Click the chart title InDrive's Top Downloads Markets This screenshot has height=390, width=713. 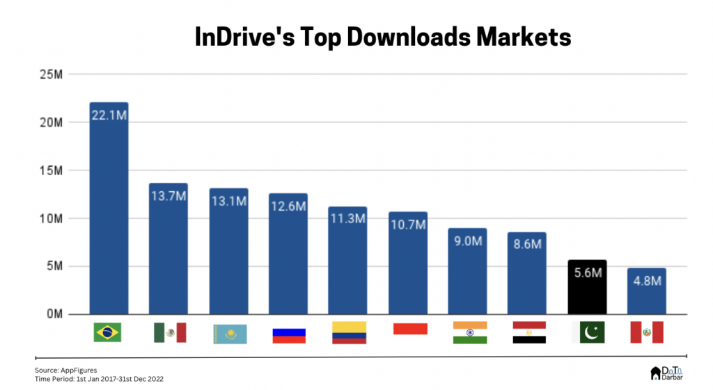click(x=382, y=37)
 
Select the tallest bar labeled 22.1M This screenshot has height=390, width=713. click(x=109, y=209)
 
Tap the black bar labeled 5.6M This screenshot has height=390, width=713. click(x=587, y=286)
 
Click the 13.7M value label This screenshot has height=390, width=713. click(x=168, y=197)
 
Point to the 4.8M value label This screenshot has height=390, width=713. click(x=646, y=282)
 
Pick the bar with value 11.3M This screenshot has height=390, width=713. click(x=347, y=261)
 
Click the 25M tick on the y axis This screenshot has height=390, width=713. click(x=52, y=74)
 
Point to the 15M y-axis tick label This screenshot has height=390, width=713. click(x=52, y=170)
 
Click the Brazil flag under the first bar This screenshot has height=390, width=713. click(x=107, y=332)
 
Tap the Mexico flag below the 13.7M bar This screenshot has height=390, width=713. click(x=170, y=332)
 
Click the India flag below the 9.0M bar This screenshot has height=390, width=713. click(x=469, y=332)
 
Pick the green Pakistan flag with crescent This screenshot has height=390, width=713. click(x=588, y=332)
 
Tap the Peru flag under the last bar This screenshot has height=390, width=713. click(x=647, y=332)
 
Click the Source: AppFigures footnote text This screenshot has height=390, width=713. click(x=66, y=370)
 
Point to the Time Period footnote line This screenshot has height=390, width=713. click(x=99, y=379)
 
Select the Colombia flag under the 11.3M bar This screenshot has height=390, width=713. click(x=349, y=332)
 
